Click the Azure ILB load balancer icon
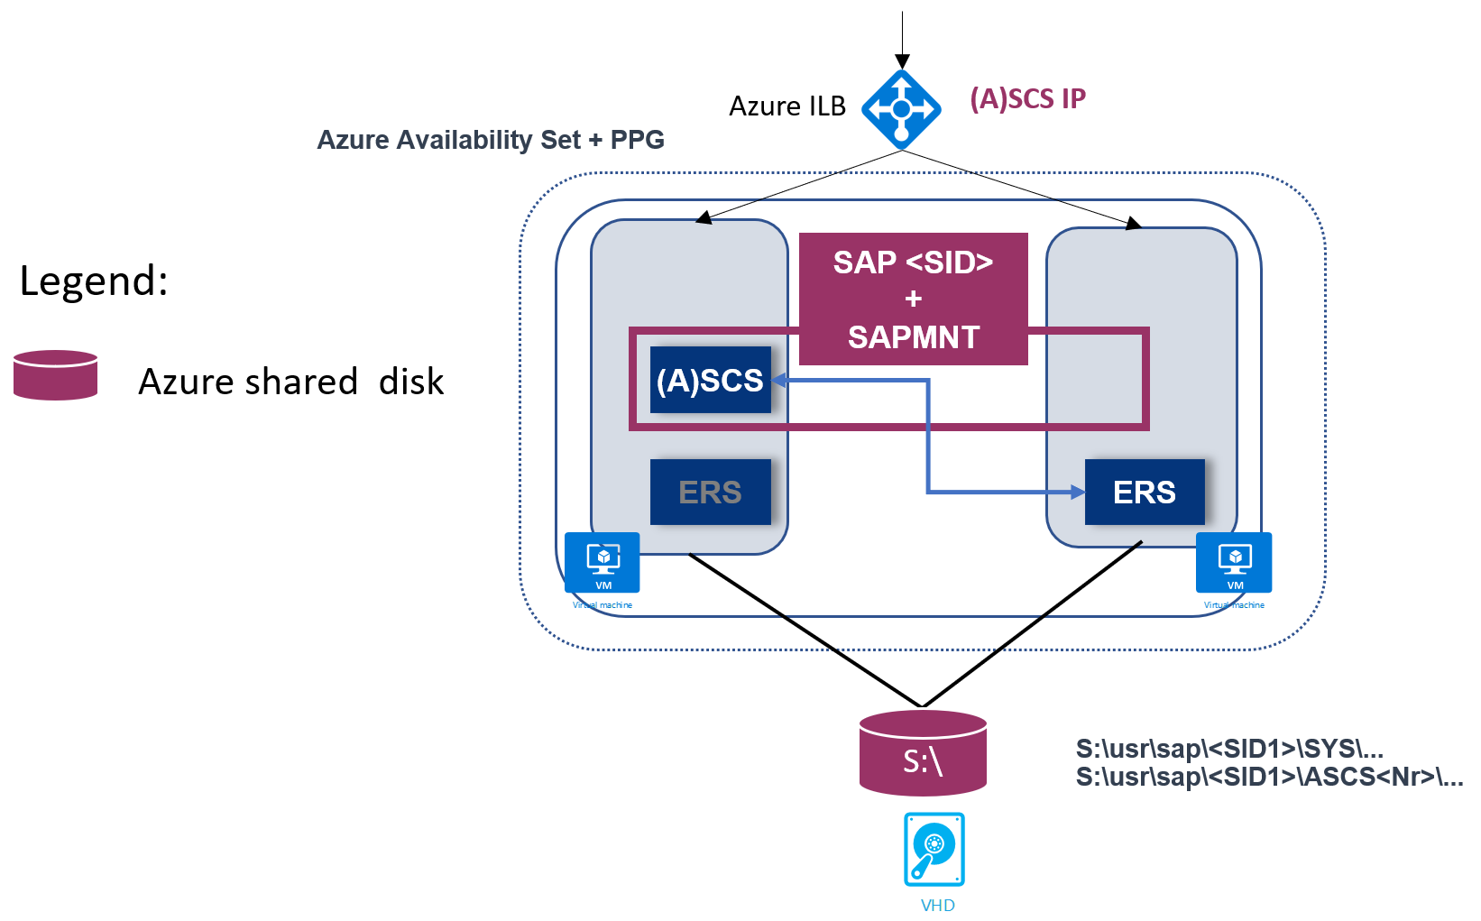[x=901, y=110]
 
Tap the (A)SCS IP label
[x=1027, y=98]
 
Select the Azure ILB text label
[x=786, y=106]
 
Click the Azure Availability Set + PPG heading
[x=491, y=140]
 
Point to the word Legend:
[x=94, y=281]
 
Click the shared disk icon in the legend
[x=56, y=375]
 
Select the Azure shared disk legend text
[x=290, y=382]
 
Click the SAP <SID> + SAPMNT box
[x=913, y=299]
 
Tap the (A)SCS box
[x=710, y=380]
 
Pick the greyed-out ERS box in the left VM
[x=710, y=492]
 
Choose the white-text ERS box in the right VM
[x=1144, y=492]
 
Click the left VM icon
[x=603, y=563]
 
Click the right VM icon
[x=1234, y=563]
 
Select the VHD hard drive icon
[x=934, y=849]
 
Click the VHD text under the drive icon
[x=937, y=906]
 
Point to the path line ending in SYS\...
[x=1228, y=749]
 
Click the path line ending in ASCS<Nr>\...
[x=1268, y=777]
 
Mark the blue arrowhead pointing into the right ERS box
[x=1077, y=492]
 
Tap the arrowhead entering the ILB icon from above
[x=902, y=62]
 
